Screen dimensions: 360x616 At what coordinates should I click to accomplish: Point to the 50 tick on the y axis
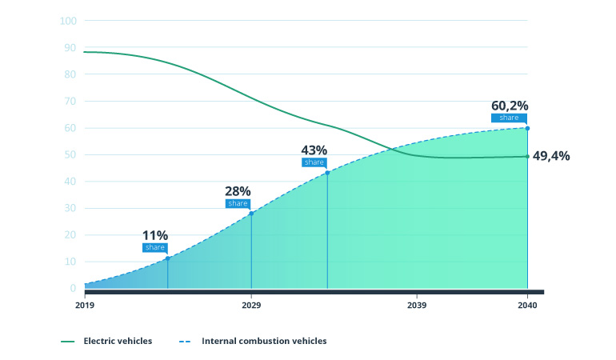(x=70, y=154)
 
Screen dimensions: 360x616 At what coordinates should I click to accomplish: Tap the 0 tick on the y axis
(x=73, y=288)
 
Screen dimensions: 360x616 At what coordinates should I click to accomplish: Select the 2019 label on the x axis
(x=85, y=306)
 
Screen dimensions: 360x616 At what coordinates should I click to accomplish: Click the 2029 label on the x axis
(x=251, y=306)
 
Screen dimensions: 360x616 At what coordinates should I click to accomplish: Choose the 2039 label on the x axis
(x=417, y=306)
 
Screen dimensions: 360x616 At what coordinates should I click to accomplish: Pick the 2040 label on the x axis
(x=527, y=306)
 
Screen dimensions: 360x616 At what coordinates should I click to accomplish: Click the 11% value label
(x=155, y=235)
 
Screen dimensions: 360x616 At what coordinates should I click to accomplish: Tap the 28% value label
(x=238, y=191)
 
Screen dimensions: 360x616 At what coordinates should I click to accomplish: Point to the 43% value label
(x=314, y=150)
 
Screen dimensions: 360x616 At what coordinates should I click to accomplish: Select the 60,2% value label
(x=510, y=106)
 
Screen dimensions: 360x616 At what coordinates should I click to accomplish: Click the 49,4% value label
(x=551, y=156)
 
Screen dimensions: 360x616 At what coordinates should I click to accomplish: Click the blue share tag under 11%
(x=155, y=247)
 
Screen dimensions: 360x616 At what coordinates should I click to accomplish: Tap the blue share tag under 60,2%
(x=510, y=118)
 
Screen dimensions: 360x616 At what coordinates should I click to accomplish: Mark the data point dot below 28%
(x=251, y=213)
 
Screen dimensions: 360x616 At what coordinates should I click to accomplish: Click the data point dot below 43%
(x=327, y=173)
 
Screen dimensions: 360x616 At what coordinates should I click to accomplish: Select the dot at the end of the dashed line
(x=527, y=128)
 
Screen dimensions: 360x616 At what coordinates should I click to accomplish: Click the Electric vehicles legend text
(x=118, y=341)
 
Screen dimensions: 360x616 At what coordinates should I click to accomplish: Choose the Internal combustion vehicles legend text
(x=264, y=341)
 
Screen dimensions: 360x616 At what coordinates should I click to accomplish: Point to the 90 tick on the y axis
(x=70, y=47)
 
